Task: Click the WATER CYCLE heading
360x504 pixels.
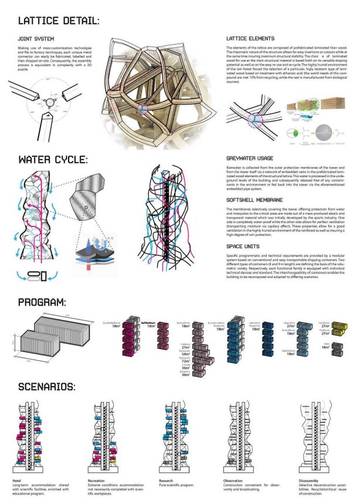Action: click(x=53, y=159)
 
